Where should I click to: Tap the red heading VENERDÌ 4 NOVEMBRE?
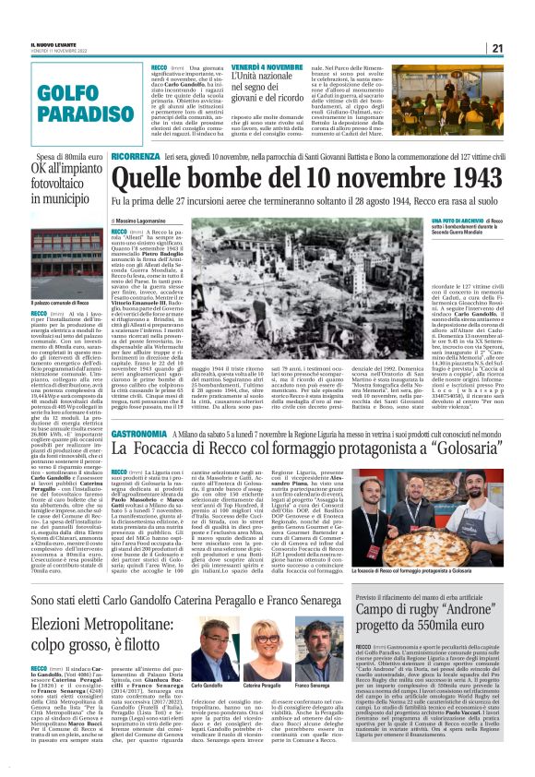(x=254, y=67)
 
